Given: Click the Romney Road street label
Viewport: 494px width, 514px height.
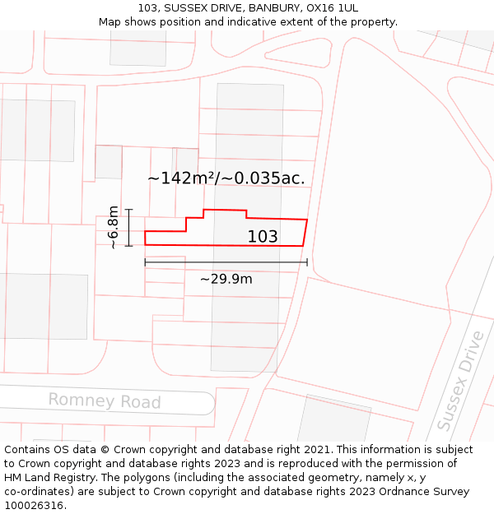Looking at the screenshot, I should [x=104, y=401].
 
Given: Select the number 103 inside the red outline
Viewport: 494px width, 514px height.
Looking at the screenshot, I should [x=263, y=237].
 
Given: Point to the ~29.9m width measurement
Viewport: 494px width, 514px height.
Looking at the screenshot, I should [x=226, y=279].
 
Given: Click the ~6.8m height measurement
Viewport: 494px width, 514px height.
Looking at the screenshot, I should [x=114, y=227].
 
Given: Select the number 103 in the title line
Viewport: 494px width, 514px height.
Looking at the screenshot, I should [x=160, y=7].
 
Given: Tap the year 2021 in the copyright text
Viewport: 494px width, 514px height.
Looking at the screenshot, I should [x=316, y=450].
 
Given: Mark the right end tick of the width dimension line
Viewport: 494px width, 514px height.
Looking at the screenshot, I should [x=307, y=262].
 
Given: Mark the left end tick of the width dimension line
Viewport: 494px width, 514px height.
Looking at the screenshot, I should [x=145, y=262].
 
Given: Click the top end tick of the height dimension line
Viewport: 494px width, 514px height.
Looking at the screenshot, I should [x=128, y=210].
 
